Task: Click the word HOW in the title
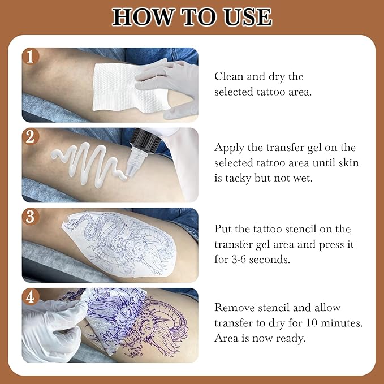click(140, 17)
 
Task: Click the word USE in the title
click(246, 17)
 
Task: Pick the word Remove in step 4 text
click(232, 307)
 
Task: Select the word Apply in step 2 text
click(229, 148)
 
